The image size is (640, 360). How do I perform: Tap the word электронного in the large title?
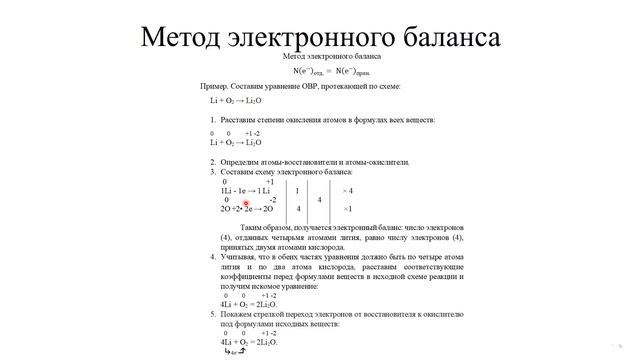pos(324,37)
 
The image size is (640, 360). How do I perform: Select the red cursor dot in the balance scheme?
pos(245,203)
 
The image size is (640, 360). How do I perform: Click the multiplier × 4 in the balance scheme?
pos(347,190)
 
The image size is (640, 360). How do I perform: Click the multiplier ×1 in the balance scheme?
pos(347,209)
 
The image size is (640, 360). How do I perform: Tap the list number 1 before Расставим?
pos(213,120)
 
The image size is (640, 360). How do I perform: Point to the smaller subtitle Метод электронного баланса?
pos(319,58)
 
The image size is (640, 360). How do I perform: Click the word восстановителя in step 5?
pos(387,314)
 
